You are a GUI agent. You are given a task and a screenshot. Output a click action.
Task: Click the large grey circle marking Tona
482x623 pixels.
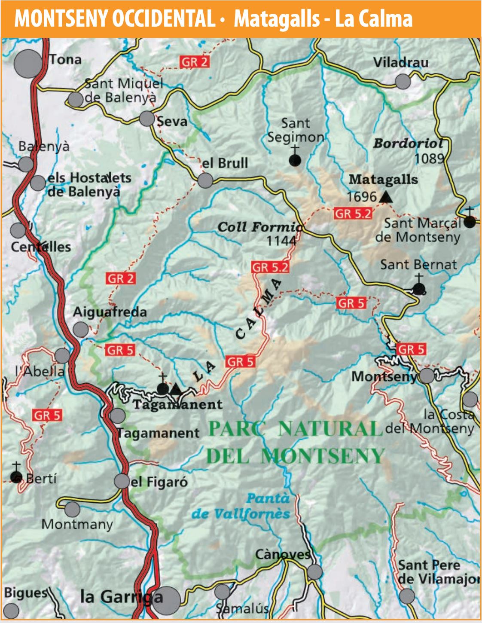28,64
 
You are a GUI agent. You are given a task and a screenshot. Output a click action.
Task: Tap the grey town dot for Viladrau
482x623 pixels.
403,81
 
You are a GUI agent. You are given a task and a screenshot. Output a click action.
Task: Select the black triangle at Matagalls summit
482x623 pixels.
386,197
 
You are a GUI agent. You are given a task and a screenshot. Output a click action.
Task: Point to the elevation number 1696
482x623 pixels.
361,197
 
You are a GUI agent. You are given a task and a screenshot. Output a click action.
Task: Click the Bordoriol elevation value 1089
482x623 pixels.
429,159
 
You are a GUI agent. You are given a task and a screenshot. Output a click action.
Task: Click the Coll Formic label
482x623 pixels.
259,227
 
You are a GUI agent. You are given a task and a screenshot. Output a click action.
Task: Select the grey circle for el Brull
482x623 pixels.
205,180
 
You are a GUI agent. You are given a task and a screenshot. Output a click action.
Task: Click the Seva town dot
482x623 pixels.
147,119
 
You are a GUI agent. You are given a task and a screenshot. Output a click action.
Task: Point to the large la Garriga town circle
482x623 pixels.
167,600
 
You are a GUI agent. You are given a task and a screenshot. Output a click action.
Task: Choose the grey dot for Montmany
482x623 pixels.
72,509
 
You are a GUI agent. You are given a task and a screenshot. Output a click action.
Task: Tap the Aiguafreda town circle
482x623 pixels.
81,330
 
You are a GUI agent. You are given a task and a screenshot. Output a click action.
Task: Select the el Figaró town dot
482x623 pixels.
122,481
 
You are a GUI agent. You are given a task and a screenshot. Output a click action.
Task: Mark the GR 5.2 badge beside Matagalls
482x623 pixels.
353,214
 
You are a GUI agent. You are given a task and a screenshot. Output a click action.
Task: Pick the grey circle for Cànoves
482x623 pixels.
314,572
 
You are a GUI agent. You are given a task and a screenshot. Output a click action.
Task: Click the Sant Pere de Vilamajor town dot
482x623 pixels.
407,596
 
